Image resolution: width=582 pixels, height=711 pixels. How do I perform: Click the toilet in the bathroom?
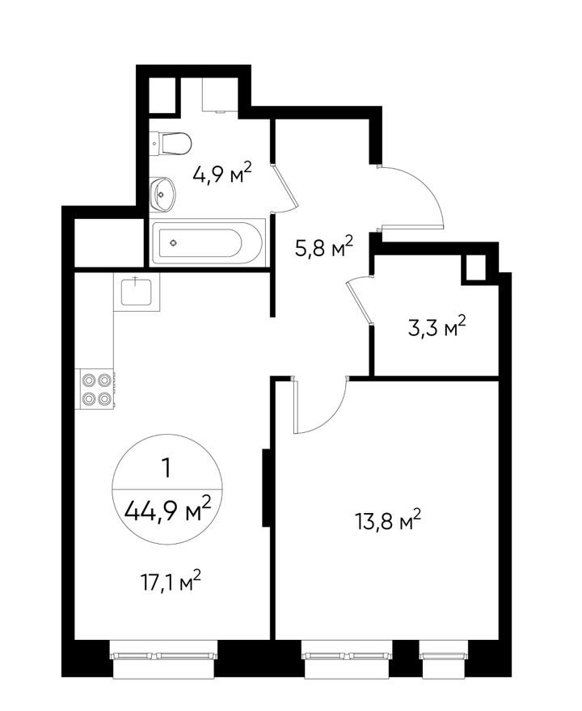[x=171, y=144]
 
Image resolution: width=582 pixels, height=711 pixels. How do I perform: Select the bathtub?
[x=207, y=243]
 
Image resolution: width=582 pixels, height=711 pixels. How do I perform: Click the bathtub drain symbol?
[x=173, y=243]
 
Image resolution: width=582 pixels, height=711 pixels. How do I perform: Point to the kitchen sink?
[x=137, y=292]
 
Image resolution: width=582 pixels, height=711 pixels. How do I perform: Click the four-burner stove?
[x=97, y=389]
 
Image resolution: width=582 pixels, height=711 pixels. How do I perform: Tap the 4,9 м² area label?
[x=221, y=172]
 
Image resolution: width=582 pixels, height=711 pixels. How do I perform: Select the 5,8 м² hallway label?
[x=323, y=246]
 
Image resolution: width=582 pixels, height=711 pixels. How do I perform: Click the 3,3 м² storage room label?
[x=436, y=327]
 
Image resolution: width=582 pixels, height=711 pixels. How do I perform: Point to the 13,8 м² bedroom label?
[x=388, y=521]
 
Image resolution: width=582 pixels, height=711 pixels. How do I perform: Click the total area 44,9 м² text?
[x=168, y=510]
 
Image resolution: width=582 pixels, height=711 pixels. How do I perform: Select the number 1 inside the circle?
[x=167, y=468]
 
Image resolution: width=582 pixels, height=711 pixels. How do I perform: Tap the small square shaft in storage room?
[x=474, y=269]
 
